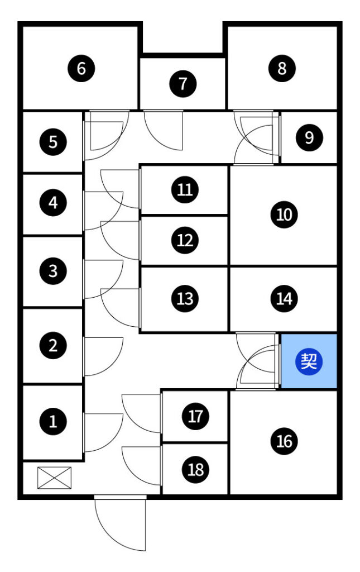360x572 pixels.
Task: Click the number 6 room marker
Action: tap(81, 69)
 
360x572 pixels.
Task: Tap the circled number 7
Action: tap(184, 84)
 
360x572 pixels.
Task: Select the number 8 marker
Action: tap(282, 69)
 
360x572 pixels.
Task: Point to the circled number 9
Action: tap(309, 137)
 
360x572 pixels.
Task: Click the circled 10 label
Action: tap(284, 214)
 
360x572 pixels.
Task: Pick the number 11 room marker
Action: tap(185, 190)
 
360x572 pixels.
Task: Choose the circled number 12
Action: tap(185, 240)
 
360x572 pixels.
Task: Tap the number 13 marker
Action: tap(185, 298)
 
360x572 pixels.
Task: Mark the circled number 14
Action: tap(284, 298)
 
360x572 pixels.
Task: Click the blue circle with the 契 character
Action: tap(309, 361)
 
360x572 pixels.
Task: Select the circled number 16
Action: tap(284, 441)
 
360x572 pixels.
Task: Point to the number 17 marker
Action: tap(195, 416)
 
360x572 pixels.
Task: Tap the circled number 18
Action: tap(195, 469)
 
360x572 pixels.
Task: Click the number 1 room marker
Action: tap(53, 421)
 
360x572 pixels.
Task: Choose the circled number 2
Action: tap(53, 345)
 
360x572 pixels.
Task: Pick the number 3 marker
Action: tap(53, 271)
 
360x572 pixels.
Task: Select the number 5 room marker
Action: tap(53, 141)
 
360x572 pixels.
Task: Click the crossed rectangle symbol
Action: tap(55, 476)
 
